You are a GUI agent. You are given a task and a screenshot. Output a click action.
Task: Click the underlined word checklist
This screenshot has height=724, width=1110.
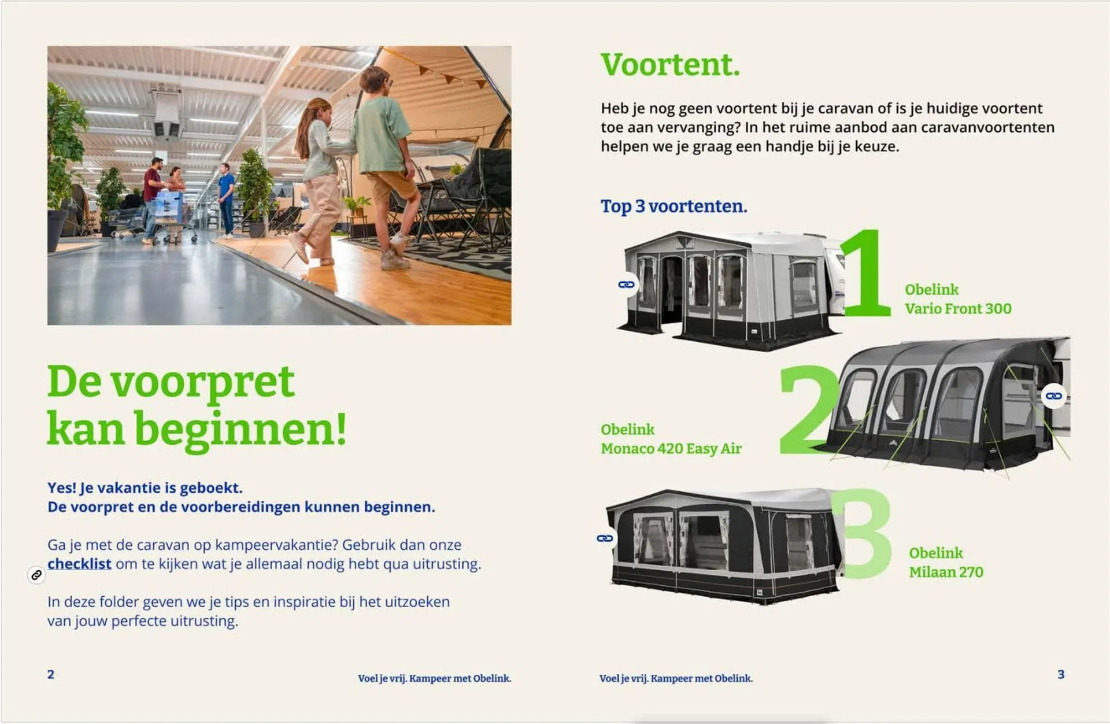click(x=79, y=564)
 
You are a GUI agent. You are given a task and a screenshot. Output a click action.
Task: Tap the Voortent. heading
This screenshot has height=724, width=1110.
click(x=670, y=64)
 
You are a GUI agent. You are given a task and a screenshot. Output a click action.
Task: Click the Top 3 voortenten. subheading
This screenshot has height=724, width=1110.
click(x=674, y=206)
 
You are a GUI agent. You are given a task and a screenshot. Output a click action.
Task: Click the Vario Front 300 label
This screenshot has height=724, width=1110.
click(x=958, y=309)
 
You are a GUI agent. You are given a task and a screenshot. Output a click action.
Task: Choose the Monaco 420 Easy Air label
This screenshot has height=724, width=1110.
click(x=671, y=449)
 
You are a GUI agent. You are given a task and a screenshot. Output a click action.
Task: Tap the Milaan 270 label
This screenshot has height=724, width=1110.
click(x=946, y=572)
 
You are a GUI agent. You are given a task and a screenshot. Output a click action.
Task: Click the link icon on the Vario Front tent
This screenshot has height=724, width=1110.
click(x=627, y=285)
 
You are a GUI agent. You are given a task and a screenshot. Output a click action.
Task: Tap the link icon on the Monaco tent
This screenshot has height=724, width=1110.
click(x=1053, y=396)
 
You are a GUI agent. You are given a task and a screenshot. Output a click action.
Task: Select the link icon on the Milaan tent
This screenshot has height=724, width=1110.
click(x=605, y=538)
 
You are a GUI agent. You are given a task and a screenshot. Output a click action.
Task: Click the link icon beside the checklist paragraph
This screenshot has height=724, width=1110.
click(x=36, y=575)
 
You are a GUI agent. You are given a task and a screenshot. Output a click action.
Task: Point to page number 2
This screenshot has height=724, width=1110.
click(x=51, y=674)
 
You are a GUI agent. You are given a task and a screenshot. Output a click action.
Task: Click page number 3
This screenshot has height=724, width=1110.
click(x=1061, y=674)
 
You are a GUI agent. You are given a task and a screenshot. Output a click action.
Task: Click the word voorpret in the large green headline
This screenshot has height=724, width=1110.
click(x=202, y=383)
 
